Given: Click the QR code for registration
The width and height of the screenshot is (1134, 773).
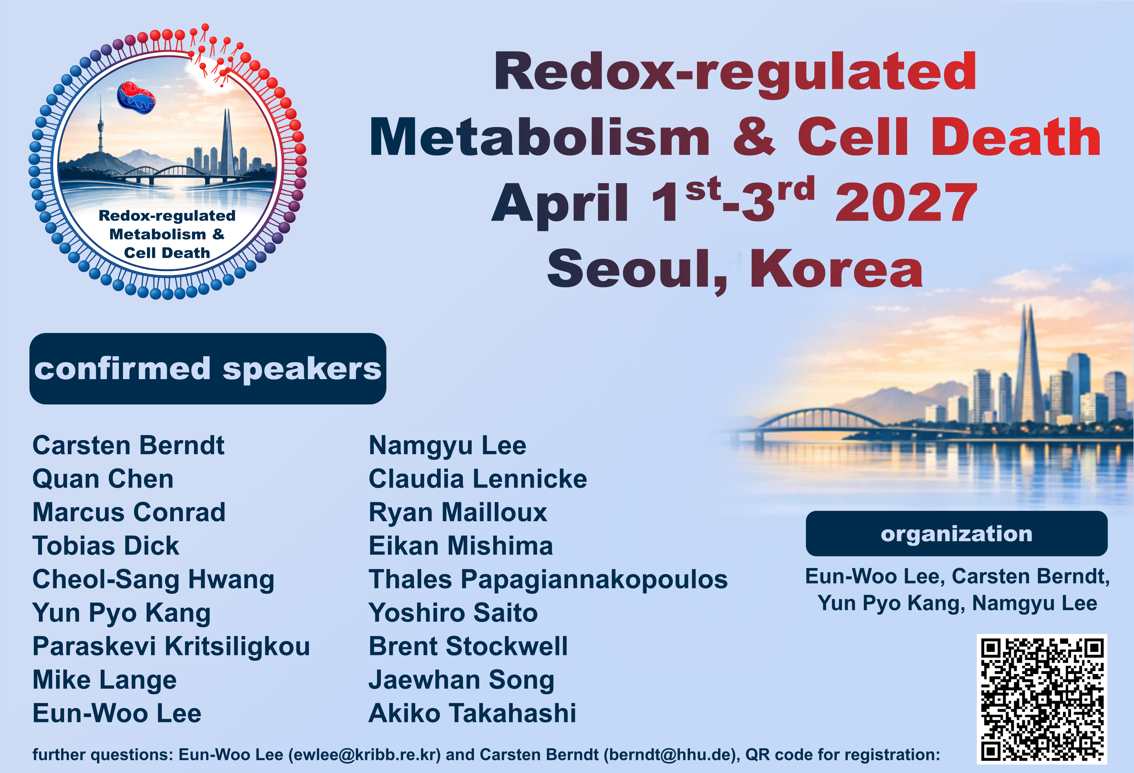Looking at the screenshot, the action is pos(1042,699).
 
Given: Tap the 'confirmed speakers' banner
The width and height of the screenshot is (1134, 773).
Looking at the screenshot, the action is pos(208,369).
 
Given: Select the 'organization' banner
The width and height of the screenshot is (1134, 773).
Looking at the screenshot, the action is pos(956,533).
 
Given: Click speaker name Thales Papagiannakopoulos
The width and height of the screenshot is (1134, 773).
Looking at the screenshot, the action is pos(548,580).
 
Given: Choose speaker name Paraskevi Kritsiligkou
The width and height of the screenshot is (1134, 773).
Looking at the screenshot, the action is pos(171,647).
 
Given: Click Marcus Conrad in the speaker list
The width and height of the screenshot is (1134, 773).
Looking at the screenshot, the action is pos(129,513).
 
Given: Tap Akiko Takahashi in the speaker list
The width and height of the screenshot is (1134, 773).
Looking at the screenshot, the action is pos(472,713).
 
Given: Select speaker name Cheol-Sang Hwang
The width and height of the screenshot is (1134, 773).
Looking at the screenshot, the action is pos(153,580).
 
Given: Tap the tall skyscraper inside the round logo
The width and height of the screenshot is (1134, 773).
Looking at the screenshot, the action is pos(227,141).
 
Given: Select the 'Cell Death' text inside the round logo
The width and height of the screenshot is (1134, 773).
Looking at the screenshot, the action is pos(167,253).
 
